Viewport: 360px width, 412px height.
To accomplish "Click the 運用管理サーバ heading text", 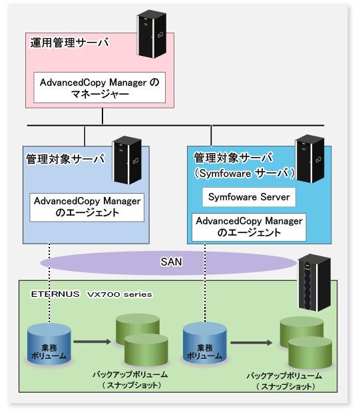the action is [69, 43].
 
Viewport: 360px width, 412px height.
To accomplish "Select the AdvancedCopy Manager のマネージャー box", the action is [100, 87].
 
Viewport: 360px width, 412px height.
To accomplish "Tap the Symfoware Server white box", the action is [249, 197].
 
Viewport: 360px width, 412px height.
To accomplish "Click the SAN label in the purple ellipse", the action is [171, 262].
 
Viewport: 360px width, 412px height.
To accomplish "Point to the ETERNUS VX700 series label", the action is [91, 294].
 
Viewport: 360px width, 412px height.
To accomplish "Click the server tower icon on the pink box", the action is [152, 34].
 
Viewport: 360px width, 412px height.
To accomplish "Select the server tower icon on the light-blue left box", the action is [127, 160].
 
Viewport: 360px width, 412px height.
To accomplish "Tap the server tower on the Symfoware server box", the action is [309, 158].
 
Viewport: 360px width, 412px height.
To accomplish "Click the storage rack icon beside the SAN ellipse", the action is [314, 283].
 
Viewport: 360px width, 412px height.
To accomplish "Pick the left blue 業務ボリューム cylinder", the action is [49, 344].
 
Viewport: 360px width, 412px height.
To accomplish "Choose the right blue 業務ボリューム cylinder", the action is [205, 343].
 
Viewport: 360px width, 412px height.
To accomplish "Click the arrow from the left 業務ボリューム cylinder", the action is [92, 341].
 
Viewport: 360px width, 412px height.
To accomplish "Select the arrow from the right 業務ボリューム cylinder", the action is [252, 343].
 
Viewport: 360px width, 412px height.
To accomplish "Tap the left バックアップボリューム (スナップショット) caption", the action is [130, 380].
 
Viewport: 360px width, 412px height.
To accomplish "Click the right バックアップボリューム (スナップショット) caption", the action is [285, 381].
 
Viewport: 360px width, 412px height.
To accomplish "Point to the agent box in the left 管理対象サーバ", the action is [87, 207].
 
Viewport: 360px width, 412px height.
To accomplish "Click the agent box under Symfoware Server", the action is [249, 227].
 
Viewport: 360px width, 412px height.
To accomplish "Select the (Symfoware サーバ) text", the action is [244, 173].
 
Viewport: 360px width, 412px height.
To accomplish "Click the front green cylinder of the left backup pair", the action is [146, 349].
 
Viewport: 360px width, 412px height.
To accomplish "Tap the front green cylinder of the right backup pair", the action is [310, 352].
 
